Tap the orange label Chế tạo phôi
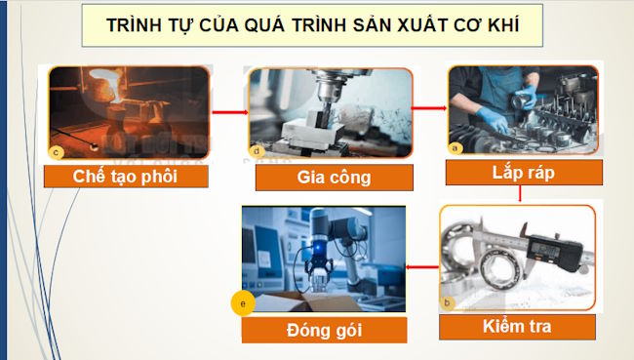pos(127,177)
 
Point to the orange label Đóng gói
pos(325,330)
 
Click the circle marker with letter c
pos(56,151)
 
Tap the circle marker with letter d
pos(257,151)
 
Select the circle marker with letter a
pos(453,146)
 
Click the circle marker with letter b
pos(447,302)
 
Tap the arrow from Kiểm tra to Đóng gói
pos(420,264)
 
